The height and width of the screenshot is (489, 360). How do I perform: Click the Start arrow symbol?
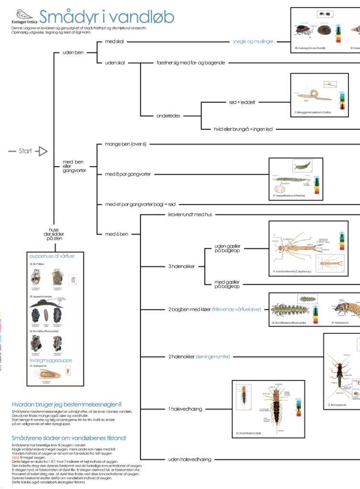tap(42, 151)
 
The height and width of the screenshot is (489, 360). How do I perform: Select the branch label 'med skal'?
tap(115, 42)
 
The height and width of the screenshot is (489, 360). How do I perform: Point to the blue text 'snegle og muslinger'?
tap(253, 42)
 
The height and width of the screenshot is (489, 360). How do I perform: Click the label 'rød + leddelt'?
tap(242, 102)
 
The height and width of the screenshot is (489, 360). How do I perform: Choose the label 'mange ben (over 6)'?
tap(125, 144)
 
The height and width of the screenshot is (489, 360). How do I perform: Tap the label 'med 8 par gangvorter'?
tap(127, 174)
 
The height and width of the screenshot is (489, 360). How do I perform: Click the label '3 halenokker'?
tap(181, 266)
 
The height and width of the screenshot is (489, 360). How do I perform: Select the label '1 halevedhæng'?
tap(182, 409)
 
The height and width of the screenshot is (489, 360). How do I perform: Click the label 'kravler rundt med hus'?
tap(190, 215)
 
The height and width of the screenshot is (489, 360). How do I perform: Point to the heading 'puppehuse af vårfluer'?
tap(52, 256)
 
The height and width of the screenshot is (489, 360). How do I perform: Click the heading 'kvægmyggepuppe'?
tap(51, 361)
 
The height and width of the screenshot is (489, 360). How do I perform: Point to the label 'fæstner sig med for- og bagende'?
tap(191, 63)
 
